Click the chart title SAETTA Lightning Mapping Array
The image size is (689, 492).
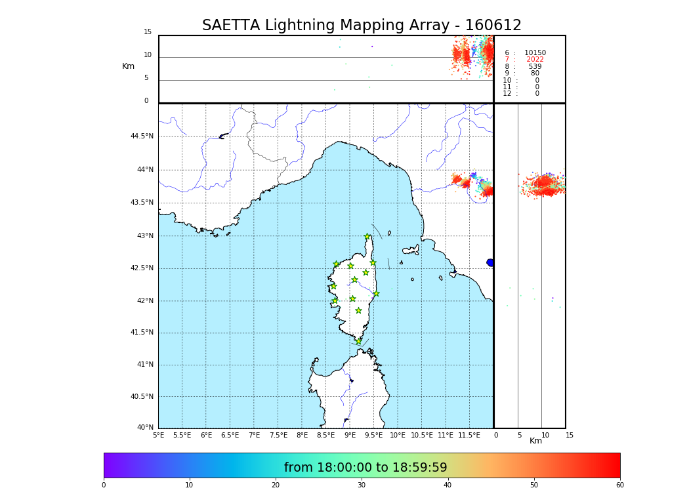point(362,26)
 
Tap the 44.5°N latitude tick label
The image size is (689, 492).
point(142,136)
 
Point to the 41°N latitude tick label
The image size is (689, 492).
point(144,365)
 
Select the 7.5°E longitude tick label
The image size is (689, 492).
point(278,435)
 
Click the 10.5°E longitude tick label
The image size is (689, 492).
point(422,435)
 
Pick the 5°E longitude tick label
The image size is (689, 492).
point(159,435)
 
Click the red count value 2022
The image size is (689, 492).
point(535,60)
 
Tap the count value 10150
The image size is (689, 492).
point(535,53)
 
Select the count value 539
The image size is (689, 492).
point(535,67)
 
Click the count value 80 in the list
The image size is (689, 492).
point(535,73)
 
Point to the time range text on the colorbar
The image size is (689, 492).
point(365,468)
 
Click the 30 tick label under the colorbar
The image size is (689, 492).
point(362,485)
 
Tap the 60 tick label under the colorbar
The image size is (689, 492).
point(619,485)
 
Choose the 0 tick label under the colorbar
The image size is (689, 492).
point(104,485)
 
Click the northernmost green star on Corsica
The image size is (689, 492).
point(367,237)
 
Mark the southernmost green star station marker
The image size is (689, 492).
point(358,341)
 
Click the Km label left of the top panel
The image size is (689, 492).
point(128,66)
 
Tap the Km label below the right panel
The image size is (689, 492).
point(536,441)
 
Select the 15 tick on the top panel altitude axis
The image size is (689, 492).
point(148,32)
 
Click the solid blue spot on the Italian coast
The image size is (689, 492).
point(490,262)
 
